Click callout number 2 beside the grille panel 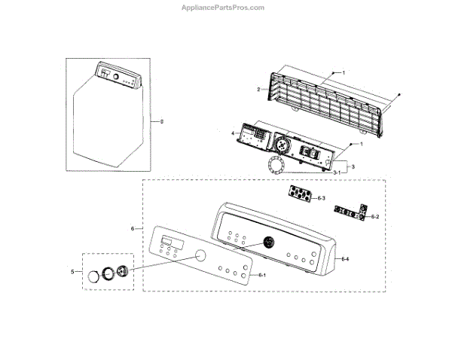click(258, 90)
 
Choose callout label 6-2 click(374, 216)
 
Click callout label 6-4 click(344, 259)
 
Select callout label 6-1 click(262, 276)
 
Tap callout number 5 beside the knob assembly click(72, 270)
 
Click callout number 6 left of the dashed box click(133, 228)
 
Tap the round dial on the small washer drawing click(107, 75)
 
